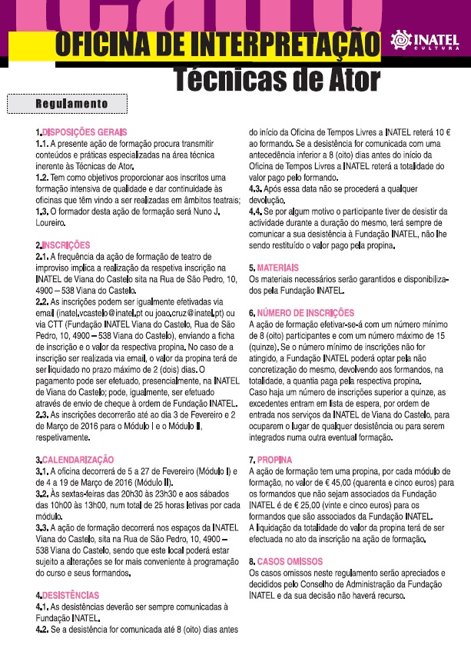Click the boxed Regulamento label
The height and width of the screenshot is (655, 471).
pos(72,103)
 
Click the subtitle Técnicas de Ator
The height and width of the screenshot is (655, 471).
pos(276,78)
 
